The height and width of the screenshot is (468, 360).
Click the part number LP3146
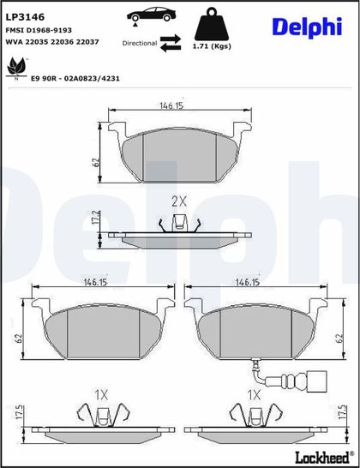[x=25, y=17]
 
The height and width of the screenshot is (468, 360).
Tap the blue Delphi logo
[x=307, y=27]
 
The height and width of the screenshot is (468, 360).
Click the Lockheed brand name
[x=324, y=457]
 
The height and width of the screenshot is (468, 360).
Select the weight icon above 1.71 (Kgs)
[x=212, y=24]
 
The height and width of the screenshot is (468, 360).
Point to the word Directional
[x=140, y=43]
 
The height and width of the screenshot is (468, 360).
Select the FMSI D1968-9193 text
[x=34, y=30]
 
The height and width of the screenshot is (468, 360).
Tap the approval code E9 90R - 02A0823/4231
[x=75, y=79]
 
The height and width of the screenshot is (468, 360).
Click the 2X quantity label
[x=179, y=202]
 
